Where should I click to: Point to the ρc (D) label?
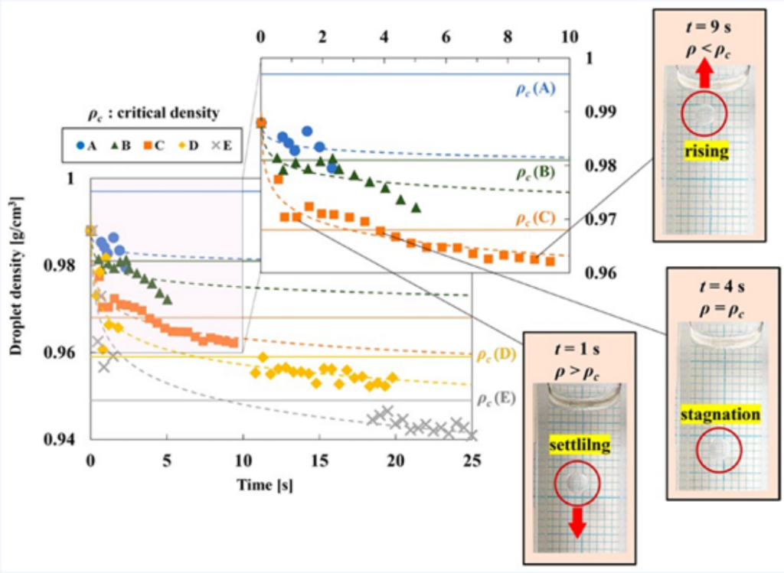tap(495, 354)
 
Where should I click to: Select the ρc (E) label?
tap(495, 399)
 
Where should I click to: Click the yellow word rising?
tap(707, 152)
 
